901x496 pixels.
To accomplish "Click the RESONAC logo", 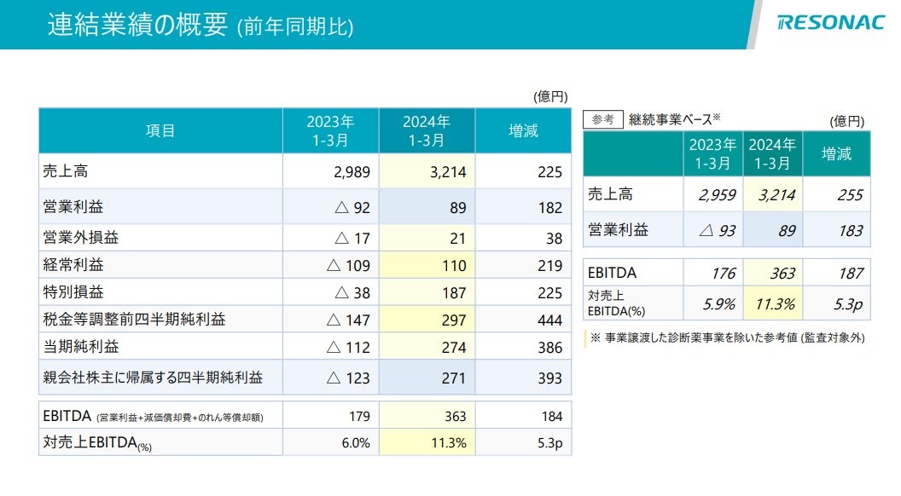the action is tap(831, 22).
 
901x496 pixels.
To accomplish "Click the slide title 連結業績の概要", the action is tap(138, 25).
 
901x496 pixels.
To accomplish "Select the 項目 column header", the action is tap(160, 131).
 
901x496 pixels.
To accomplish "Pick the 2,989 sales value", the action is tap(352, 171).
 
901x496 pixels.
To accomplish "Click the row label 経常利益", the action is tap(73, 265).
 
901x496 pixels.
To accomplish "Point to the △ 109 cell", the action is tap(348, 265).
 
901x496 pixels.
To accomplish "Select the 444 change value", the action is tap(550, 320).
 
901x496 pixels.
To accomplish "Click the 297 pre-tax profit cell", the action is tap(454, 320).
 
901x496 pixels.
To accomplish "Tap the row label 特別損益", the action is tap(73, 291).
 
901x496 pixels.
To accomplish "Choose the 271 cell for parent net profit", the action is tap(454, 378).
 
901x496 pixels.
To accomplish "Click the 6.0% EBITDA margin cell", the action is tap(357, 442).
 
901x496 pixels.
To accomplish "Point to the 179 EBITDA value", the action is tap(360, 416).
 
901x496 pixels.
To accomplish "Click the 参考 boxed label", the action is tap(602, 119).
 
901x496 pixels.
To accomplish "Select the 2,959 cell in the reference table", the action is tap(717, 195).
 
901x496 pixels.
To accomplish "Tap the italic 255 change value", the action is tap(850, 195).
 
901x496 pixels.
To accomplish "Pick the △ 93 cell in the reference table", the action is tap(718, 230).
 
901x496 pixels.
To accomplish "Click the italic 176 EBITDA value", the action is tap(724, 274).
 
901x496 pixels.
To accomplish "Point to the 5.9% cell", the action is tap(719, 303).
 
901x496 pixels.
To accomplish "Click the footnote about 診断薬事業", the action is tap(728, 337).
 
